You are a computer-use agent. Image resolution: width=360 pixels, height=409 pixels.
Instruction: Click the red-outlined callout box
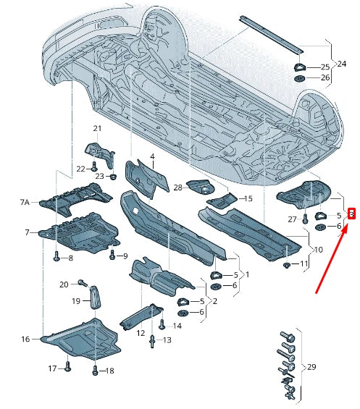[x=351, y=214]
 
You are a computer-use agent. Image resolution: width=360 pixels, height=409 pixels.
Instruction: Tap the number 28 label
[x=177, y=188]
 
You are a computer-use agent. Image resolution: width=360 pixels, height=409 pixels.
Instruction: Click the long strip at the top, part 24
[x=272, y=32]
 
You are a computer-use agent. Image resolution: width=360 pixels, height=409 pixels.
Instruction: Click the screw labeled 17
[x=66, y=368]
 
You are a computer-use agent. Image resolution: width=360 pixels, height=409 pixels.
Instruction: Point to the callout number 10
[x=317, y=250]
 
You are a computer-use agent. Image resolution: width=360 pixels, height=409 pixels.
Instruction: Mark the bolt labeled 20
[x=82, y=282]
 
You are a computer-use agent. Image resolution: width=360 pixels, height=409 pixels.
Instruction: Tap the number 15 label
[x=248, y=198]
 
